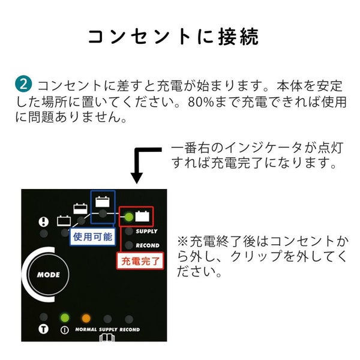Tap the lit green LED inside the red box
[129, 216]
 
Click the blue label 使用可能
[92, 236]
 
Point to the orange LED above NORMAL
[86, 317]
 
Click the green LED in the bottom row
[64, 317]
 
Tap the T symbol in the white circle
[43, 329]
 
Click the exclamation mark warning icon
[43, 221]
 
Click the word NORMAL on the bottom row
[86, 329]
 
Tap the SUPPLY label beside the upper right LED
[147, 230]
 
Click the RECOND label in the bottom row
[130, 329]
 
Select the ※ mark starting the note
[183, 241]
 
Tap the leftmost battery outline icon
[64, 220]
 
